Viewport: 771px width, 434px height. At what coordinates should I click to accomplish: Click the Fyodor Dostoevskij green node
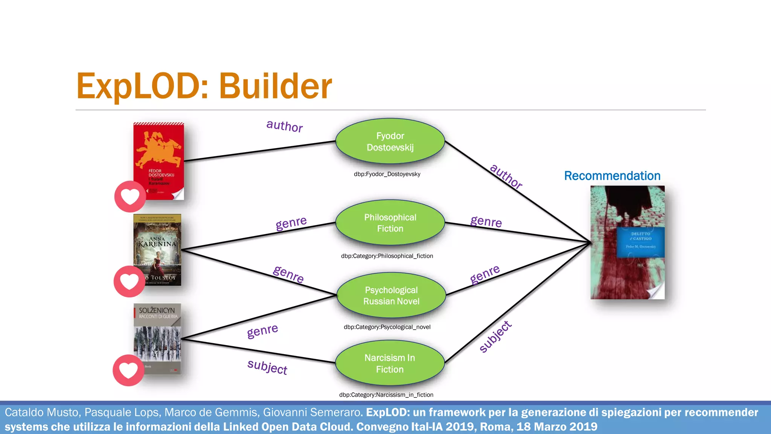(x=390, y=142)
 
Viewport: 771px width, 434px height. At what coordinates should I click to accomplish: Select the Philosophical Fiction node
(x=390, y=223)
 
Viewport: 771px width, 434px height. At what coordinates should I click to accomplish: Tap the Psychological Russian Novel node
(x=391, y=296)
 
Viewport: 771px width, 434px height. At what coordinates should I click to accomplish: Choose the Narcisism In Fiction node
(x=390, y=364)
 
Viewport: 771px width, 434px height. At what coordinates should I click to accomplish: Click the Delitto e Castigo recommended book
(x=627, y=242)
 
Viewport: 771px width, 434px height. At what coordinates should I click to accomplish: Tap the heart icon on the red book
(x=130, y=196)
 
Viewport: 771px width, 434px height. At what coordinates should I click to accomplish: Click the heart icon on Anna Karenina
(x=129, y=281)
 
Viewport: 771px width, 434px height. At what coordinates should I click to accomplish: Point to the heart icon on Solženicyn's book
(x=128, y=370)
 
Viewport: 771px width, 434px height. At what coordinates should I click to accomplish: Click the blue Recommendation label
(x=612, y=176)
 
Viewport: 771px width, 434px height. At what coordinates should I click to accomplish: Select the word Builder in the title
(x=275, y=87)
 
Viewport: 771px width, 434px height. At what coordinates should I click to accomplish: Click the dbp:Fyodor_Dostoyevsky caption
(x=387, y=174)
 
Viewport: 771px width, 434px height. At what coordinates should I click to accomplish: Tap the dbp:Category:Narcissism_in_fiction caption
(x=386, y=395)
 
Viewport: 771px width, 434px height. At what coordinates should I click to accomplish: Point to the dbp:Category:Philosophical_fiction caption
(x=387, y=256)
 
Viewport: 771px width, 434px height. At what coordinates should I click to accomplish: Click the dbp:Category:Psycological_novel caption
(x=387, y=327)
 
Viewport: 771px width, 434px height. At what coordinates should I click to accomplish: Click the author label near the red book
(x=285, y=126)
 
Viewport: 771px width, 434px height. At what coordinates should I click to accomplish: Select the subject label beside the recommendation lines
(x=495, y=337)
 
